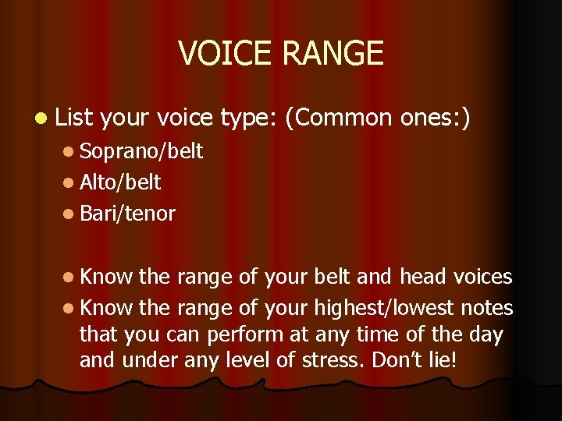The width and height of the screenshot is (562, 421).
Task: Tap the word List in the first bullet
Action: click(75, 118)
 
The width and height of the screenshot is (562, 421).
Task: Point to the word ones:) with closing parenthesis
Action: click(435, 118)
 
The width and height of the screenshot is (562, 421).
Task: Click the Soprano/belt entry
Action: click(141, 151)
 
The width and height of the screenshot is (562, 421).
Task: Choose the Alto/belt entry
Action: click(120, 182)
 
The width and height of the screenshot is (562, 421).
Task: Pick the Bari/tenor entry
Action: click(127, 214)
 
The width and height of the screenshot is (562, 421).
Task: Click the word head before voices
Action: click(423, 277)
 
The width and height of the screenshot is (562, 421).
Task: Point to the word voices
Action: click(482, 277)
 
